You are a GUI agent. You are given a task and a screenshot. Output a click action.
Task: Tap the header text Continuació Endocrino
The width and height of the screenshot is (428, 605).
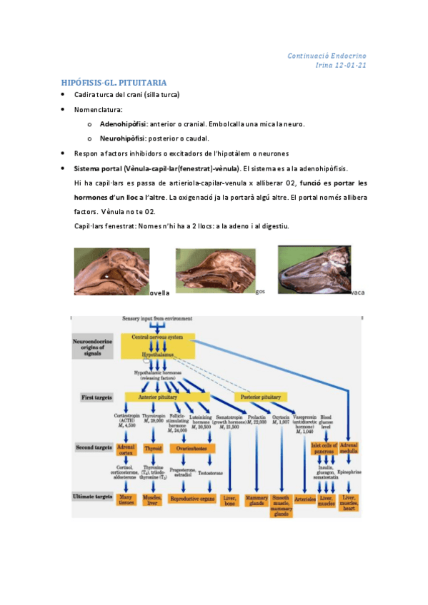pos(327,56)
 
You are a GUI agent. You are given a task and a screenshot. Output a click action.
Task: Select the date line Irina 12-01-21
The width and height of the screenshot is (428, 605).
pos(341,66)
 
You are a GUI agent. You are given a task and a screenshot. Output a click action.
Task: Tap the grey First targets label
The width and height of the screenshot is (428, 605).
pos(95,396)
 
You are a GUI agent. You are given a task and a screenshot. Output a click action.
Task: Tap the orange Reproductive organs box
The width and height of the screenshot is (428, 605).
pos(194,499)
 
